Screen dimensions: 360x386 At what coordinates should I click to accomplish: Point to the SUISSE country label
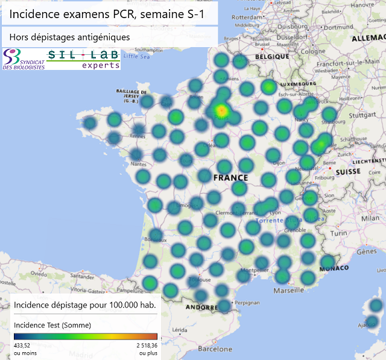click(347, 171)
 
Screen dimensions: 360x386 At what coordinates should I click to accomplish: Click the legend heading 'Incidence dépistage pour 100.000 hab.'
click(84, 305)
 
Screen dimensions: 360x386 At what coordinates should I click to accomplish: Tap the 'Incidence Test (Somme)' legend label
click(52, 325)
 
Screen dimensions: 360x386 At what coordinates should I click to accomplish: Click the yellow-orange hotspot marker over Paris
click(221, 111)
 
